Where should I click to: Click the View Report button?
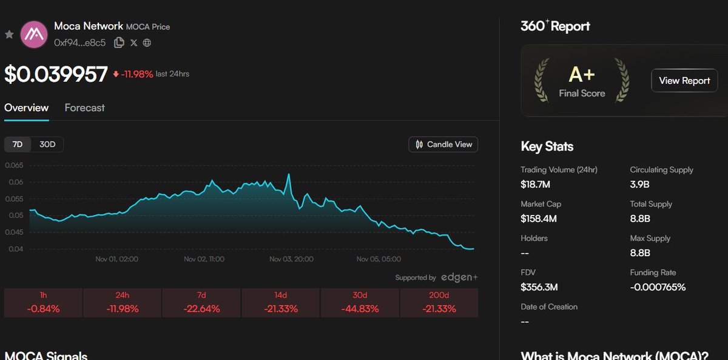(684, 81)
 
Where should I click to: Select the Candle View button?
(443, 144)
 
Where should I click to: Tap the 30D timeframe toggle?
(47, 144)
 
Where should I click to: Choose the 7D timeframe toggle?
(18, 144)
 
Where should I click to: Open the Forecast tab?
(84, 107)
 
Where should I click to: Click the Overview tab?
(26, 107)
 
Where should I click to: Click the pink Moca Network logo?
(34, 34)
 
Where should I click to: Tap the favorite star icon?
(9, 35)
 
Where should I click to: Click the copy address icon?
(119, 42)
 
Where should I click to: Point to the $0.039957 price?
(56, 74)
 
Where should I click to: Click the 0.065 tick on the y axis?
(13, 165)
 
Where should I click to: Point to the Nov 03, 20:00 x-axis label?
(291, 259)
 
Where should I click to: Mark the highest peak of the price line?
(289, 174)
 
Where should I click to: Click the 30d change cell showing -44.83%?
(360, 303)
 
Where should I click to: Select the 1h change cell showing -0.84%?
(43, 303)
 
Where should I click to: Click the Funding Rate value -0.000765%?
(658, 287)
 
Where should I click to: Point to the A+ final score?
(581, 75)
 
